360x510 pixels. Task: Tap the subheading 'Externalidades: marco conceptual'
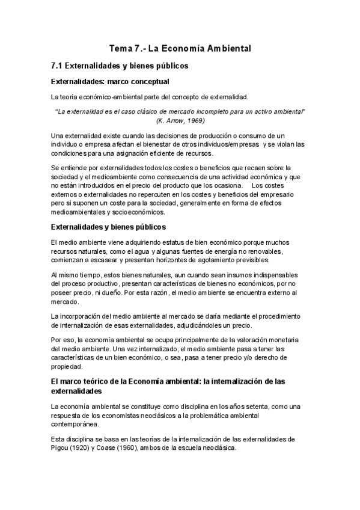point(111,81)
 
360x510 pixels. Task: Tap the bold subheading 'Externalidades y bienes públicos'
point(109,227)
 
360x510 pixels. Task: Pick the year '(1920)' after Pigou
point(84,447)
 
